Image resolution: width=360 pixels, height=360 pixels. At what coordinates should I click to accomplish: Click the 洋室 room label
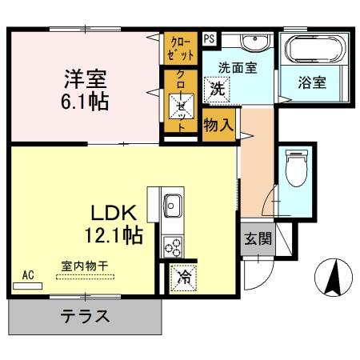point(86,80)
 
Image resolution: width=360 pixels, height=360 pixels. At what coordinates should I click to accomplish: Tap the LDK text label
point(115,213)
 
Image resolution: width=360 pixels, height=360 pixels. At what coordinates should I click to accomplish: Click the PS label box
point(208,38)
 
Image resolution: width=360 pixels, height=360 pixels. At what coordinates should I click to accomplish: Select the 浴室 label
point(311,82)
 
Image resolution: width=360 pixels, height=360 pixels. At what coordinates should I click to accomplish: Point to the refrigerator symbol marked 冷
point(183,278)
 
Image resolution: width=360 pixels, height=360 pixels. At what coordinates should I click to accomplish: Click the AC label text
point(28,274)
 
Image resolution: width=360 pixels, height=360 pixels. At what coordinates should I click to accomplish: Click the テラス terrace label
point(85,316)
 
